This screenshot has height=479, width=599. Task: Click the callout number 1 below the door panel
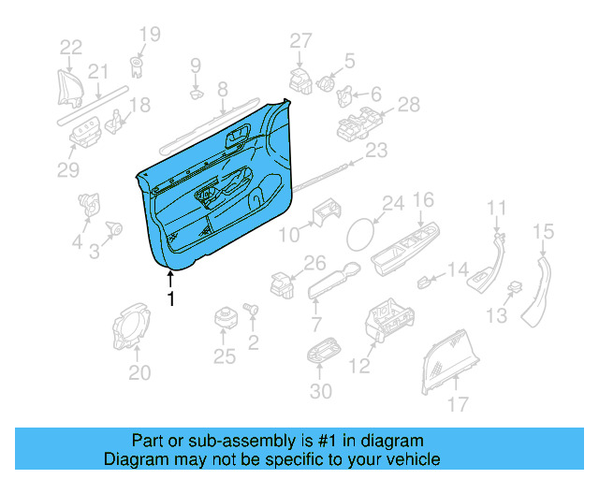click(x=170, y=299)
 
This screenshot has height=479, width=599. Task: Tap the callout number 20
click(x=139, y=373)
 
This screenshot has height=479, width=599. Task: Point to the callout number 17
click(x=457, y=405)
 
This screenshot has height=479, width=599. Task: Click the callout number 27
click(x=299, y=40)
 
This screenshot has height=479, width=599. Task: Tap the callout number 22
click(x=71, y=47)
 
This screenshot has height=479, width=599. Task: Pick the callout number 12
click(x=360, y=367)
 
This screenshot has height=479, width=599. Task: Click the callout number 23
click(x=375, y=151)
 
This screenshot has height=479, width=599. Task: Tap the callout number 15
click(x=544, y=231)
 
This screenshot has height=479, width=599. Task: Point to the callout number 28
click(x=409, y=105)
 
